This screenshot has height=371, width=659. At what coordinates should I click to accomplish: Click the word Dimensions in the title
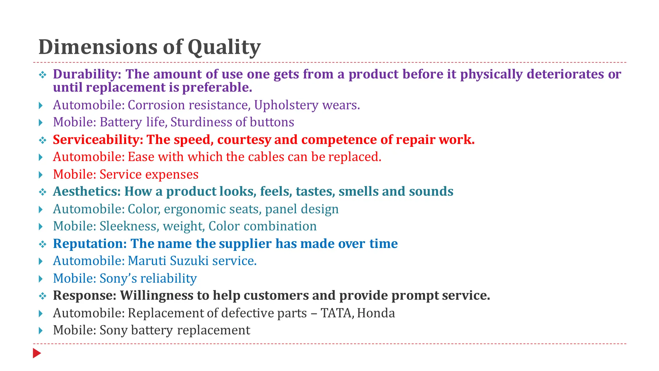98,47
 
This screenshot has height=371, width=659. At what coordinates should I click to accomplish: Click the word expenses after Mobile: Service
172,174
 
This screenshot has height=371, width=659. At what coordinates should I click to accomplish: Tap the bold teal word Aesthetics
87,192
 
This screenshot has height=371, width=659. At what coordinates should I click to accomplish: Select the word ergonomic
196,209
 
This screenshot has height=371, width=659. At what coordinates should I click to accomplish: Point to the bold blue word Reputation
90,244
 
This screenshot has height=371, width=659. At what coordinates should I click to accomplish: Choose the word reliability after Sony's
168,279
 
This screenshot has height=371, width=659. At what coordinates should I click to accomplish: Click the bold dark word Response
84,296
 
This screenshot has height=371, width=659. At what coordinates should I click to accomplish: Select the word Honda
376,313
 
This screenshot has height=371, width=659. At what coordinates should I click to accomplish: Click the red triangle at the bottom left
36,353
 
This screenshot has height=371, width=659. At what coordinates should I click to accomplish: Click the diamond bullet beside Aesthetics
42,193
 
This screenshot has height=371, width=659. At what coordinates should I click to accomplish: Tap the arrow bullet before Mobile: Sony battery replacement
41,330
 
